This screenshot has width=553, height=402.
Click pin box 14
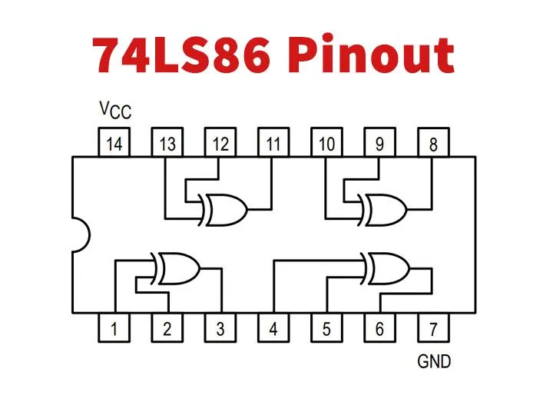pos(114,144)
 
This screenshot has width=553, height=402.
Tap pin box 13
pos(167,144)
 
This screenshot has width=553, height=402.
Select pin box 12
pos(220,144)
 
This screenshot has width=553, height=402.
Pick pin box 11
pos(273,144)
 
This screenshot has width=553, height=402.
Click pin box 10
pos(326,144)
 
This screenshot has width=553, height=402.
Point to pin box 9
pos(379,144)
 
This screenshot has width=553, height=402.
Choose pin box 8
pos(433,144)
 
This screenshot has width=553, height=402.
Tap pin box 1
pos(114,329)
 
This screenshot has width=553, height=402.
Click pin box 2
pos(167,329)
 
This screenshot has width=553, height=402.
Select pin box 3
pos(220,329)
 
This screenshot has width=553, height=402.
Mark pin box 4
pos(273,329)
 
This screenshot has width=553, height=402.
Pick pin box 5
pos(326,329)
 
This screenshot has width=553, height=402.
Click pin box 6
pos(379,329)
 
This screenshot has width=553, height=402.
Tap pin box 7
pos(433,329)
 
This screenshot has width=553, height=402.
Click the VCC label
pos(115,111)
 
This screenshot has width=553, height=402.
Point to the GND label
pos(434,361)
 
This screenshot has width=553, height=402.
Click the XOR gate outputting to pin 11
pos(224,208)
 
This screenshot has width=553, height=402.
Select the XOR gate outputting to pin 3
pos(177,268)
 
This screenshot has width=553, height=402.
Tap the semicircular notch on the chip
pos(80,235)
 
